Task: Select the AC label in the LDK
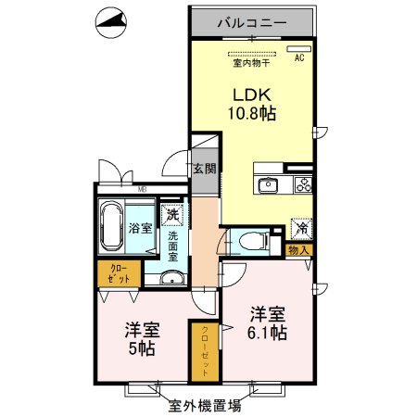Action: coord(299,57)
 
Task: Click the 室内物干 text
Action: coord(251,64)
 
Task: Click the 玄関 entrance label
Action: coord(205,170)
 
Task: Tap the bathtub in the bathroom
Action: coord(112,225)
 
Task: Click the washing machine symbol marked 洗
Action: coord(171,215)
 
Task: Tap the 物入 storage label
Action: coord(298,250)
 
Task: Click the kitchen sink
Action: coord(267,183)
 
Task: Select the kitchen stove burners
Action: coord(304,184)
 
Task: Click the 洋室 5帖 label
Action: coord(142,340)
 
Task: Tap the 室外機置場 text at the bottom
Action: coord(205,405)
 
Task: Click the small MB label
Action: coord(143,191)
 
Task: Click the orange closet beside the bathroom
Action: coord(120,275)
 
